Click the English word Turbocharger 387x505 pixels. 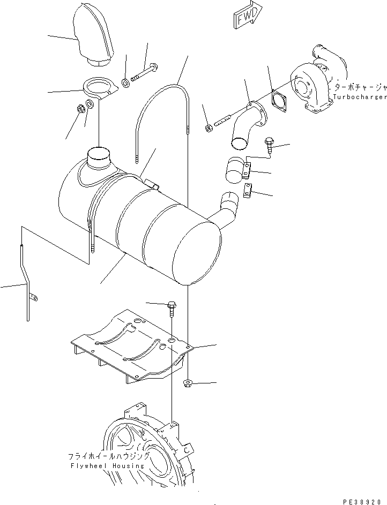tap(359, 97)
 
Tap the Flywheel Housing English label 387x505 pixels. tap(107, 465)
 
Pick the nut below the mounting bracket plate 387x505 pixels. tap(188, 382)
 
